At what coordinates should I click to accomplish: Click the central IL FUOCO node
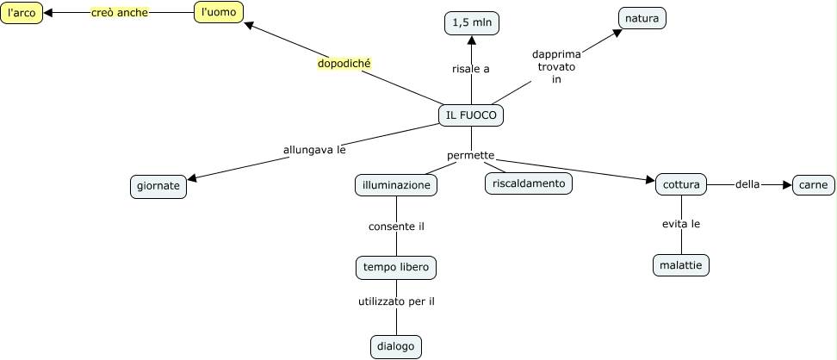pyautogui.click(x=471, y=115)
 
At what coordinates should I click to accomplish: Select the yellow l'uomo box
pyautogui.click(x=219, y=12)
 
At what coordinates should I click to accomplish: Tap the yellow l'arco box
pyautogui.click(x=21, y=13)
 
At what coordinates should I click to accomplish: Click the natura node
pyautogui.click(x=642, y=18)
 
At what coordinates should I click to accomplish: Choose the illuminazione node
pyautogui.click(x=396, y=185)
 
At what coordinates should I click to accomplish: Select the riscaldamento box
pyautogui.click(x=529, y=183)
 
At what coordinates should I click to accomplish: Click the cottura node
pyautogui.click(x=681, y=184)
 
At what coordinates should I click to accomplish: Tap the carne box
pyautogui.click(x=813, y=184)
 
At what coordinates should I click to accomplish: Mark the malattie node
pyautogui.click(x=681, y=265)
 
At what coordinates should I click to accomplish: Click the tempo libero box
pyautogui.click(x=396, y=267)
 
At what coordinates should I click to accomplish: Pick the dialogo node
pyautogui.click(x=396, y=347)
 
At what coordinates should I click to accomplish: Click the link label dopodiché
pyautogui.click(x=344, y=64)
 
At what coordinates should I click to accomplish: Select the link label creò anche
pyautogui.click(x=120, y=13)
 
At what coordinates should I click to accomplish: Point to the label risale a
pyautogui.click(x=471, y=69)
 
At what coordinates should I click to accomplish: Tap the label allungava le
pyautogui.click(x=314, y=149)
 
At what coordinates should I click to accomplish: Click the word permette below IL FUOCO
pyautogui.click(x=471, y=156)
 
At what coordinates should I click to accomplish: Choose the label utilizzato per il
pyautogui.click(x=396, y=301)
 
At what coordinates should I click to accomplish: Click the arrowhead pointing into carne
pyautogui.click(x=785, y=184)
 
